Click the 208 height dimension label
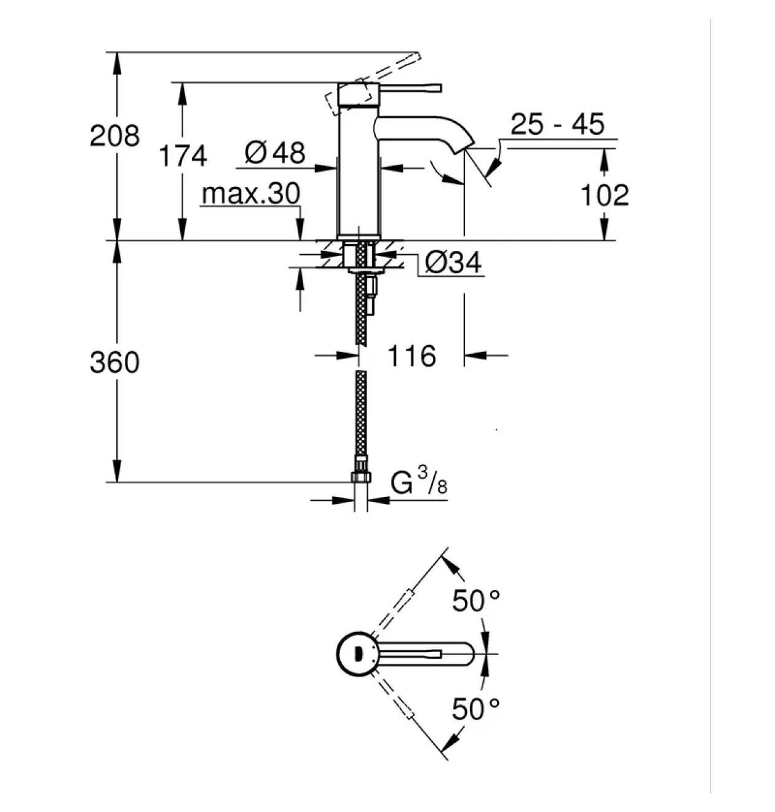coord(115,136)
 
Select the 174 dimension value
coord(183,156)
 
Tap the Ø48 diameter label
coord(275,153)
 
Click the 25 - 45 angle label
coord(557,124)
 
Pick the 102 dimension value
coord(605,195)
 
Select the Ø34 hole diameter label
coord(453,262)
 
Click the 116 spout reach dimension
coord(412,356)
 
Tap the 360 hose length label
coord(115,362)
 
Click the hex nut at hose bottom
coord(360,477)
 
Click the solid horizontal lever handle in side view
coord(411,88)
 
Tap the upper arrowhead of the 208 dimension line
coord(117,63)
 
